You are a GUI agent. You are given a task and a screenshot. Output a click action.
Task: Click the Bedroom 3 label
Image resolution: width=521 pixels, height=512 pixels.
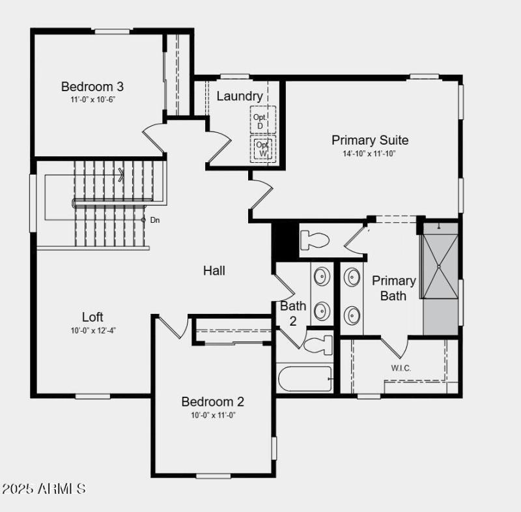92,87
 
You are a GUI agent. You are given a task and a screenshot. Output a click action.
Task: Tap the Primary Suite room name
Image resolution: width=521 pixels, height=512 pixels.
370,140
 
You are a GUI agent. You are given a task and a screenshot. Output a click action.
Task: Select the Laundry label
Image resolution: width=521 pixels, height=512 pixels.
240,96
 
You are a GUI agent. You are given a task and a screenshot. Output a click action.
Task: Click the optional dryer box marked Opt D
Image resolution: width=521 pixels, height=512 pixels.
260,121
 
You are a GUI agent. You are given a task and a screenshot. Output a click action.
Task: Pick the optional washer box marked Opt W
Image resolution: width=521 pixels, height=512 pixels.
263,148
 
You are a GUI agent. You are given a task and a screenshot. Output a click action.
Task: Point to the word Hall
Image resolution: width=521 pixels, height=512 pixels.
214,270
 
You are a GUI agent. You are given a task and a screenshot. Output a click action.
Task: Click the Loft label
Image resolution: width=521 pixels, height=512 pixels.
92,317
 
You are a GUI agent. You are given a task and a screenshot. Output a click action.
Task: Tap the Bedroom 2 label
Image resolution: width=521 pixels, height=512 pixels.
213,401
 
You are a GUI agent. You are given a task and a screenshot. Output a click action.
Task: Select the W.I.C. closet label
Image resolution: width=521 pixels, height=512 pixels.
401,368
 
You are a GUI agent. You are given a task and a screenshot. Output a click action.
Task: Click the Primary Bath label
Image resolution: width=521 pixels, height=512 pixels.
394,288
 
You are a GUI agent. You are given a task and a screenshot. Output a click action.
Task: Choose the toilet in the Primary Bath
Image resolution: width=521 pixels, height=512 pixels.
315,240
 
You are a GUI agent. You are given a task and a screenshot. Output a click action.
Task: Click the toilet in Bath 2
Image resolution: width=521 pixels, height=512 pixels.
318,344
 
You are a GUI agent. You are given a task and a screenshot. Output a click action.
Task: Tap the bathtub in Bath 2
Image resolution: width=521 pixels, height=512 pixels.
305,378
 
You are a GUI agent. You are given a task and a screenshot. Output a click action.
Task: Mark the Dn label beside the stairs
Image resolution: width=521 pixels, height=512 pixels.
155,220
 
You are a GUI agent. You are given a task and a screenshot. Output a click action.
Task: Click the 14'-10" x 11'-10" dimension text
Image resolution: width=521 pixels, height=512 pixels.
369,154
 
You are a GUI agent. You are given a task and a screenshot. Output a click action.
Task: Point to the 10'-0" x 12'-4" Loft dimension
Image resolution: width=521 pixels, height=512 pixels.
94,330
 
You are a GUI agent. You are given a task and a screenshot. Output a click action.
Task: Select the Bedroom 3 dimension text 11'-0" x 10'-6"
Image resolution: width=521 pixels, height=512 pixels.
93,100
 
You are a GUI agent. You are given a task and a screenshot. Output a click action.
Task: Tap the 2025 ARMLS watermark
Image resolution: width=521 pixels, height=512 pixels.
44,488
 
